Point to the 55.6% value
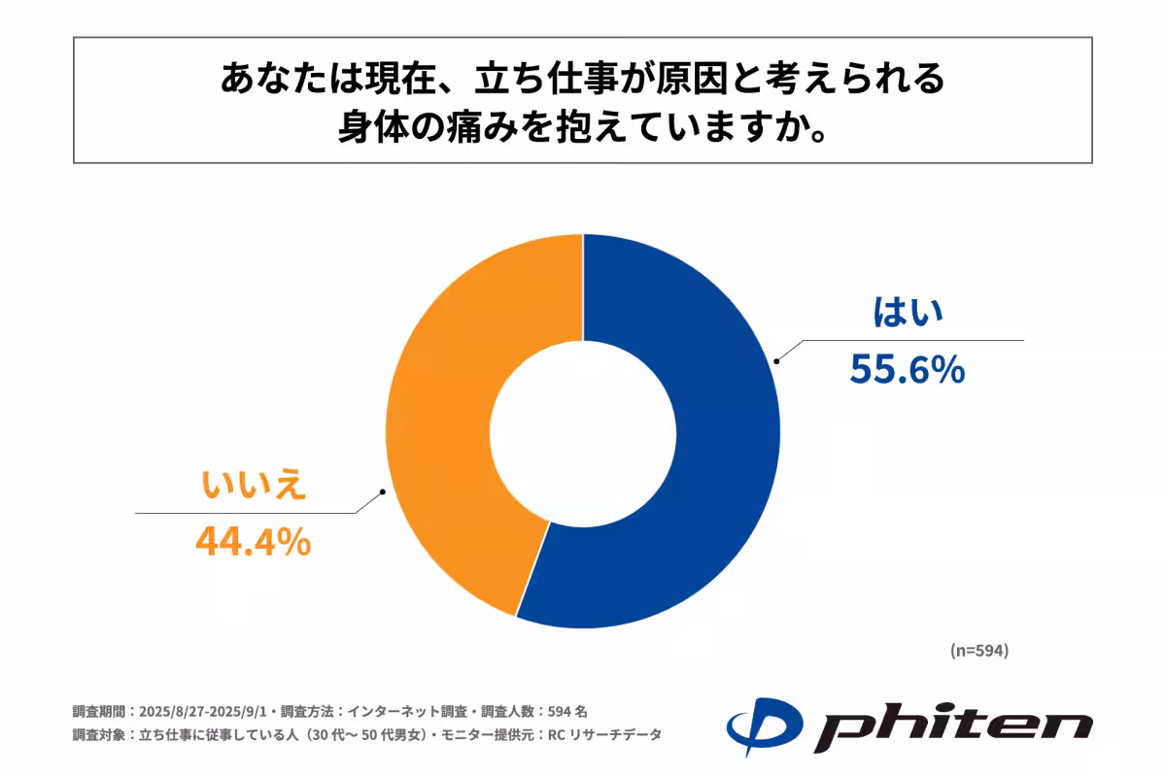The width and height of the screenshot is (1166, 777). pyautogui.click(x=908, y=369)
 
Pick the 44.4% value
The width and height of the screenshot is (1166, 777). pyautogui.click(x=254, y=542)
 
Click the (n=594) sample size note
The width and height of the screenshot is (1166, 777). pyautogui.click(x=978, y=651)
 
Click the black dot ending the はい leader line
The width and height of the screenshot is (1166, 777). pyautogui.click(x=775, y=361)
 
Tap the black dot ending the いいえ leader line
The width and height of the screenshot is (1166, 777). pyautogui.click(x=384, y=491)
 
